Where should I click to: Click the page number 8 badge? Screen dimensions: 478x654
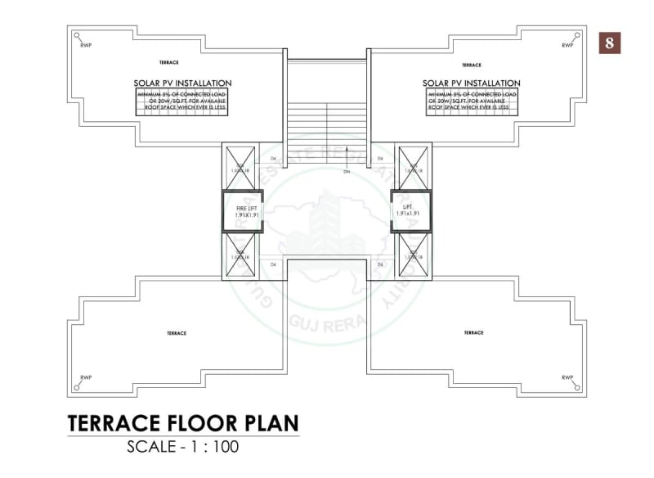610,43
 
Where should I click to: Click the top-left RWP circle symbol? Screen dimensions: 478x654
77,35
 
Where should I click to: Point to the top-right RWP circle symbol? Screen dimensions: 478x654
576,35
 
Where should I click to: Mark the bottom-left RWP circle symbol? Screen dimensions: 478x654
77,387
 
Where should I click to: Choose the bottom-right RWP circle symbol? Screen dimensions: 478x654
576,387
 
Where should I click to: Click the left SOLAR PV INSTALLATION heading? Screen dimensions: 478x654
182,83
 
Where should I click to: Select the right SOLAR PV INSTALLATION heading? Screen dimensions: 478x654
471,83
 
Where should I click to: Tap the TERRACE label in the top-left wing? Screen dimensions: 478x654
169,63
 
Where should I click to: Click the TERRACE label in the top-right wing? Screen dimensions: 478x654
471,65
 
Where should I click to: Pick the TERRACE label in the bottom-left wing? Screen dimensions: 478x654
177,333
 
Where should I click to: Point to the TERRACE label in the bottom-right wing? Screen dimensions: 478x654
473,332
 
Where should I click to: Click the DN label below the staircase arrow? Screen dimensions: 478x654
346,173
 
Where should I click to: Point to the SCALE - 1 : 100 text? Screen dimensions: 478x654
182,448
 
